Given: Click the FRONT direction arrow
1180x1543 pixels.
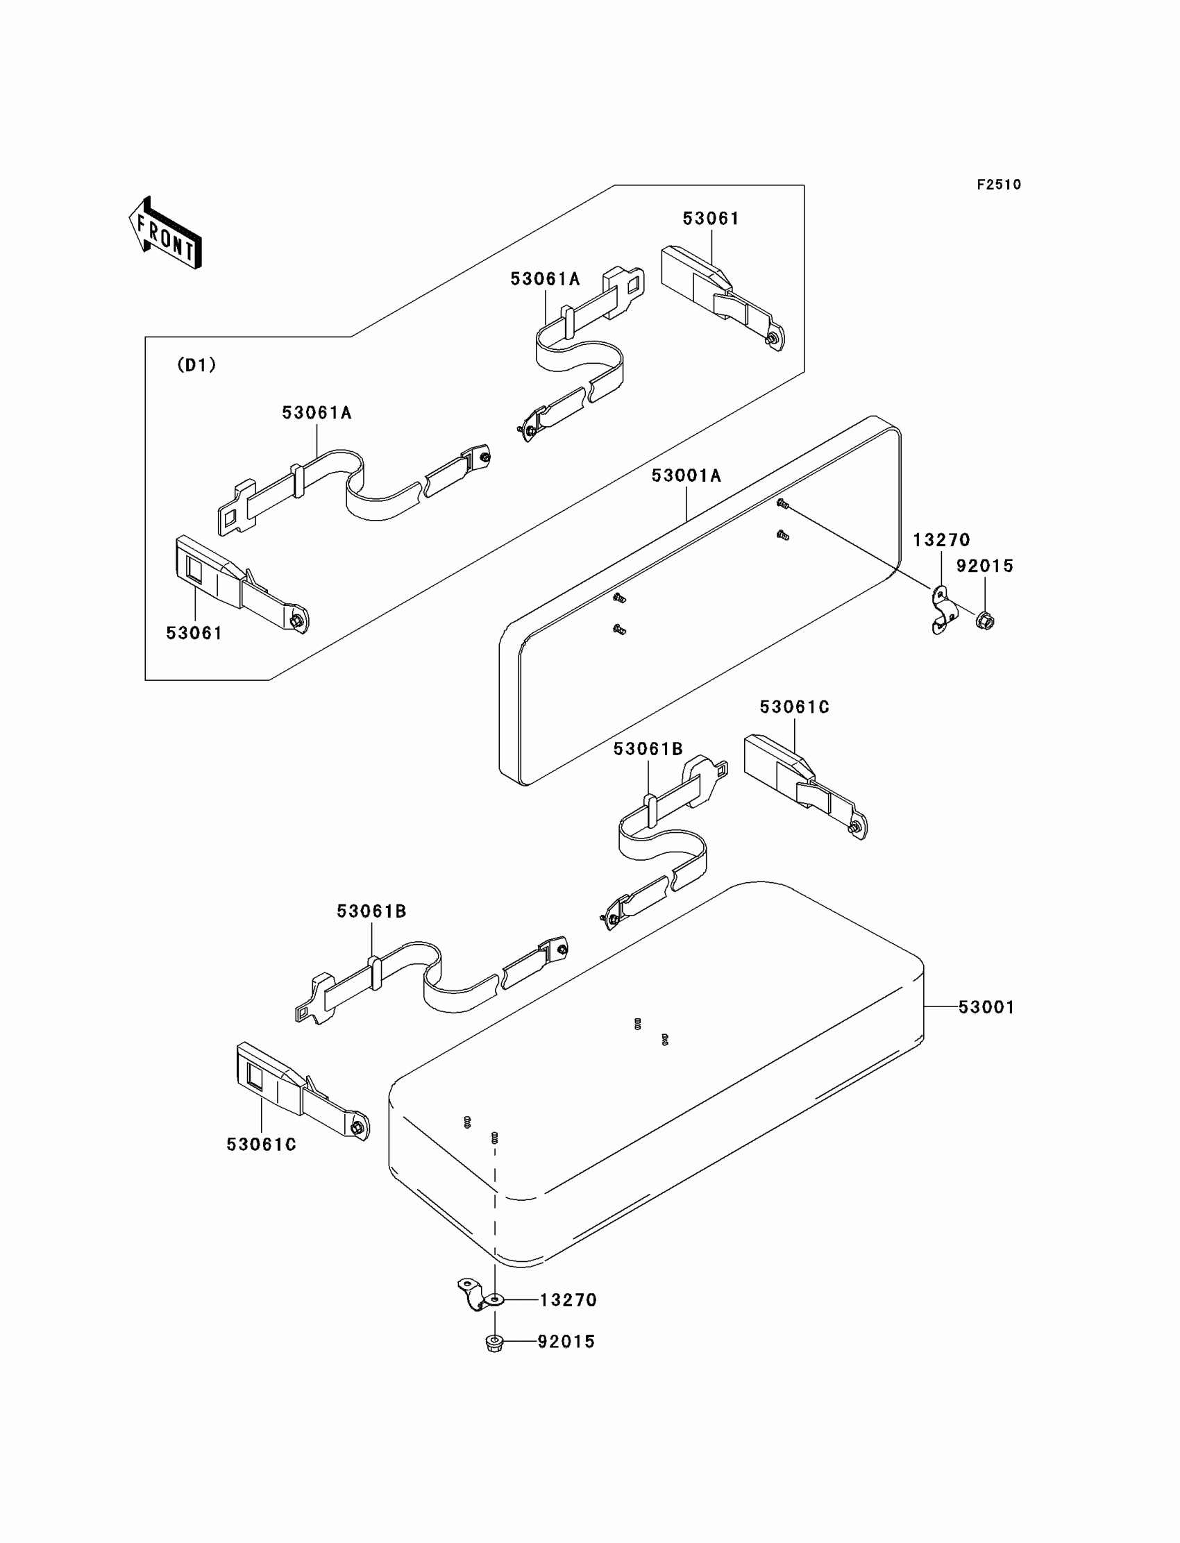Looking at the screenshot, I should [x=166, y=235].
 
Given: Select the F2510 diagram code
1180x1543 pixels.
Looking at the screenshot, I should [x=998, y=185].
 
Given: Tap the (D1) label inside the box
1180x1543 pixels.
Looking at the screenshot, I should [x=196, y=365].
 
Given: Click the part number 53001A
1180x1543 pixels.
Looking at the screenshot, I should [x=686, y=476].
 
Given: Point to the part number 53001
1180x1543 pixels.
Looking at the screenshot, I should [x=986, y=1007].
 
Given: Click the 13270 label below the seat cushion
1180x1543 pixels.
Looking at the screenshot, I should [x=568, y=1300].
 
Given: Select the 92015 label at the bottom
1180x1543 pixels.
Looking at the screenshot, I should [x=566, y=1342].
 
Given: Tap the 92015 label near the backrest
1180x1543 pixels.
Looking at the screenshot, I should [x=984, y=566].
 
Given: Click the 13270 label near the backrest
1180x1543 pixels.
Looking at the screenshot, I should [x=941, y=540].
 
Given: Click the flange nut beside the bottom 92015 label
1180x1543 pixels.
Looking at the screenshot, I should [x=494, y=1344].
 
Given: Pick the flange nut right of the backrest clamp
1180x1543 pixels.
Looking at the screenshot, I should [x=985, y=621].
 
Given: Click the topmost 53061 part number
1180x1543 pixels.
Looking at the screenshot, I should [x=711, y=219].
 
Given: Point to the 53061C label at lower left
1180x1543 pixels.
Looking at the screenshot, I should [x=261, y=1145].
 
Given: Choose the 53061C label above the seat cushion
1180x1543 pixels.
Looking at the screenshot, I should [x=794, y=707].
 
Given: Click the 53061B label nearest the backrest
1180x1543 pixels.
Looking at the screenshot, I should [x=648, y=750].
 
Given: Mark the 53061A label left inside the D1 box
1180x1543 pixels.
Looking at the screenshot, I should [x=317, y=413].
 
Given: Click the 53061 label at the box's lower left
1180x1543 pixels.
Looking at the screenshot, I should [x=194, y=634].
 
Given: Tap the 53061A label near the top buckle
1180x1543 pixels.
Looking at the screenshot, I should [x=545, y=280].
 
